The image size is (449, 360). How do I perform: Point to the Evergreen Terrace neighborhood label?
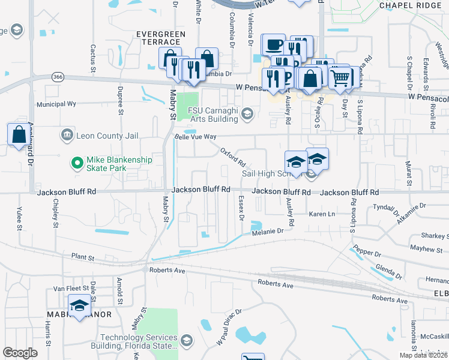[x=158, y=38]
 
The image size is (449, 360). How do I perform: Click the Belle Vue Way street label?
[x=194, y=137]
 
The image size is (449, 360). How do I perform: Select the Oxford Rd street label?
[x=232, y=157]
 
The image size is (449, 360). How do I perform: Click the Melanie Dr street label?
[x=267, y=232]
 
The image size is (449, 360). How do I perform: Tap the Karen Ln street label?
[x=321, y=214]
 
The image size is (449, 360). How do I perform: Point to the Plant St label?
[x=83, y=257]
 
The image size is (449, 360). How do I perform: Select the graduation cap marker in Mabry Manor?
[x=79, y=305]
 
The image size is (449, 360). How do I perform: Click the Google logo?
[x=20, y=353]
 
